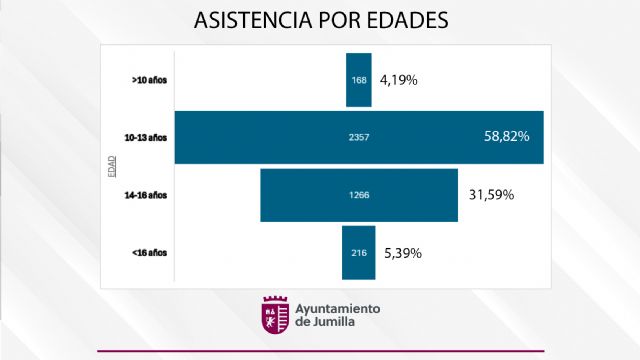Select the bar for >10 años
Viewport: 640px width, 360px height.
pos(359,78)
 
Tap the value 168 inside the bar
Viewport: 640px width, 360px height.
pos(359,79)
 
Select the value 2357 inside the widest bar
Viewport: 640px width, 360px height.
pos(359,136)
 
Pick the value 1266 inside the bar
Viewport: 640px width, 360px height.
pos(359,194)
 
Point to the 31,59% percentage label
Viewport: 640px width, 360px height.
pos(491,194)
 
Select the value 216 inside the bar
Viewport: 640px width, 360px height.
pos(359,252)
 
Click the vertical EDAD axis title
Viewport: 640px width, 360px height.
pos(111,165)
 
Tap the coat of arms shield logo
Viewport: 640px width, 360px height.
pos(274,316)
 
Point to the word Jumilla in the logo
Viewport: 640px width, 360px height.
pos(332,323)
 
